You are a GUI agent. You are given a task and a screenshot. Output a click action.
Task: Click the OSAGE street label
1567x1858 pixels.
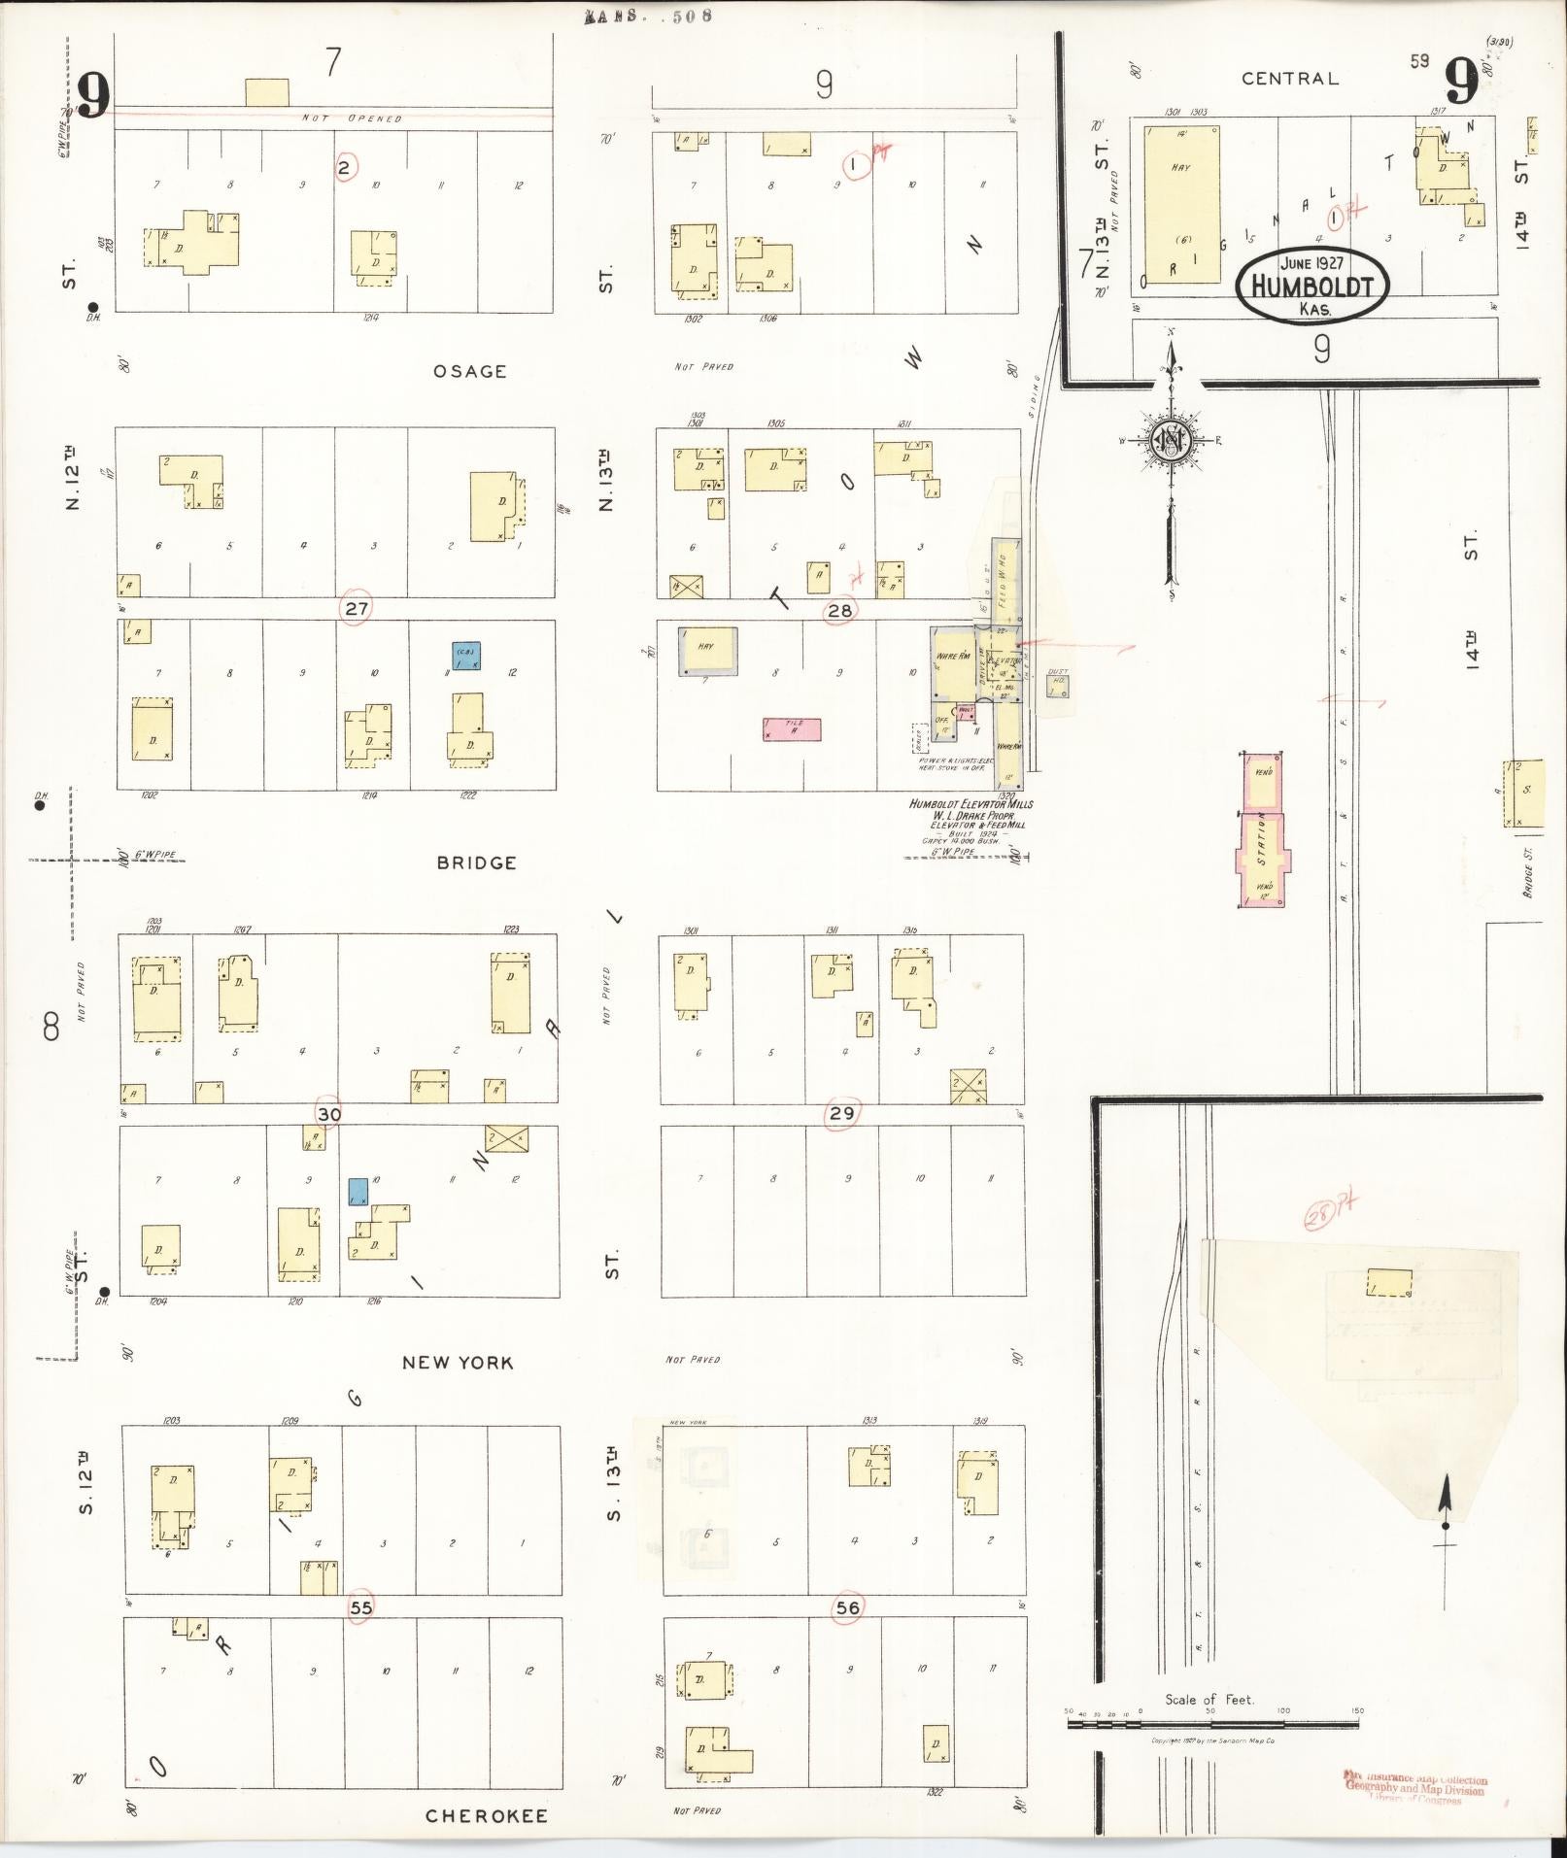[470, 371]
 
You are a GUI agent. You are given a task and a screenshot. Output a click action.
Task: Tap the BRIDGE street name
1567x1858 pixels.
[476, 862]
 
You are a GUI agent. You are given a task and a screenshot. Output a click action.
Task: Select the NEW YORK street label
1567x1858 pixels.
[458, 1363]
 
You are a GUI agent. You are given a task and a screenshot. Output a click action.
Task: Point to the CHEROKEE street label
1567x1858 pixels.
[487, 1816]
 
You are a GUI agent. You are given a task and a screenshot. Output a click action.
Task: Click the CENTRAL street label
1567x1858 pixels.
[1290, 79]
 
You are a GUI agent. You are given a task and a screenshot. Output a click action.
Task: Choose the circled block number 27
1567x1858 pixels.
[356, 609]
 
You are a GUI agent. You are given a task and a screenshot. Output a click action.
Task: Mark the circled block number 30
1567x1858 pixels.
[329, 1114]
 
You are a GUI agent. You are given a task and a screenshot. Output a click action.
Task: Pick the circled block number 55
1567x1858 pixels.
[360, 1607]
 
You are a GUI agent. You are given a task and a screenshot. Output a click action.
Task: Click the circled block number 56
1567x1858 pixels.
[847, 1607]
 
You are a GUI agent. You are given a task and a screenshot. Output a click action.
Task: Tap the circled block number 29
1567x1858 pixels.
[841, 1113]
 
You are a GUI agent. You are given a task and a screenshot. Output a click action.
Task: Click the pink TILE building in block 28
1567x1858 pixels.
[792, 730]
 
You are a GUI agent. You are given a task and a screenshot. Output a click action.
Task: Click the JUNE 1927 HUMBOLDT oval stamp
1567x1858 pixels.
[1312, 283]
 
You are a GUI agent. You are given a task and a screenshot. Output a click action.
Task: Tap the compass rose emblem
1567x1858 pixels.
[1170, 440]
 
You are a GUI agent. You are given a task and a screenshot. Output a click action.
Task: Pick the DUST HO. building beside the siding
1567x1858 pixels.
[1058, 684]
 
